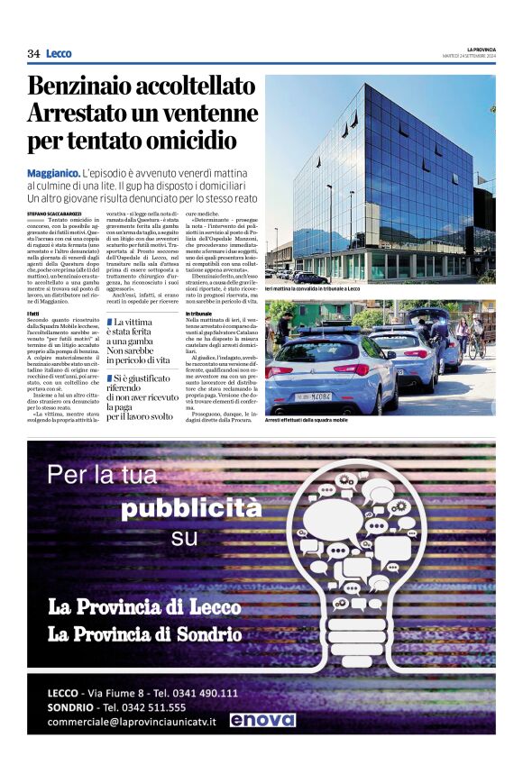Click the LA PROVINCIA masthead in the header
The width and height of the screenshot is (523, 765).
pyautogui.click(x=481, y=49)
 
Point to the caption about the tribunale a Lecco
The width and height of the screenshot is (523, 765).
pyautogui.click(x=313, y=289)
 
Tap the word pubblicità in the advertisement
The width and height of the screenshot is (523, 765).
pyautogui.click(x=191, y=508)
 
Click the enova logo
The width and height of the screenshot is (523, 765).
pyautogui.click(x=261, y=719)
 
